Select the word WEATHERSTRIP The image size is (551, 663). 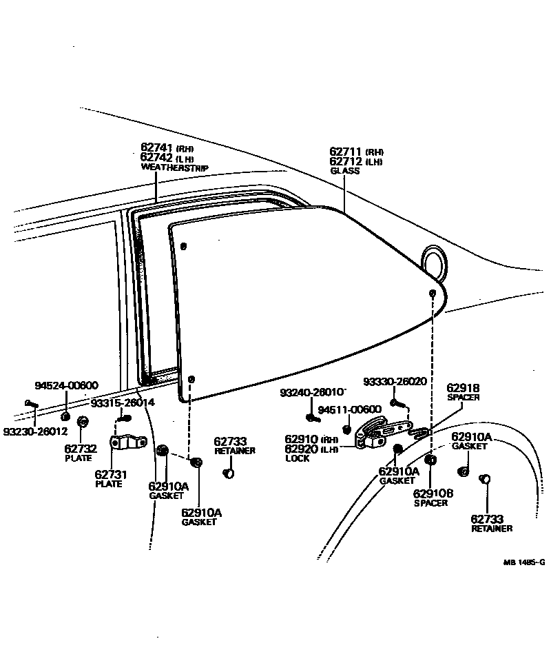174,167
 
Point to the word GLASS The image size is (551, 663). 344,171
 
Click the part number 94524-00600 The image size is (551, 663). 67,385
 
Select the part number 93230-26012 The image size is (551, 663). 35,432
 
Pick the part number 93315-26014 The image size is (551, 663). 123,402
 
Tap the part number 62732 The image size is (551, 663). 81,449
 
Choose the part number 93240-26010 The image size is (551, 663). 313,392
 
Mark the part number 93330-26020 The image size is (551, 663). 395,381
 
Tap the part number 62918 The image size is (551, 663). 463,388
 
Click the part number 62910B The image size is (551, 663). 433,493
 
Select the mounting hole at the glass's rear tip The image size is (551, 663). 432,294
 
